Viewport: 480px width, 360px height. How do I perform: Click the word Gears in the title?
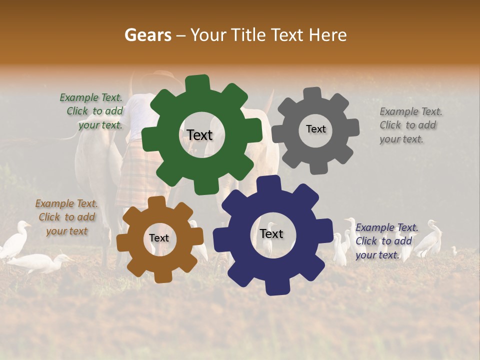click(147, 35)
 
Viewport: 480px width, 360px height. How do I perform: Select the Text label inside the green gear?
click(199, 135)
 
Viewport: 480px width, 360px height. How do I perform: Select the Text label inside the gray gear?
click(315, 129)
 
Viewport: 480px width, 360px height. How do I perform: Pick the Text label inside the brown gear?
click(159, 238)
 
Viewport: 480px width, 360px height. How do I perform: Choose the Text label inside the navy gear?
click(271, 233)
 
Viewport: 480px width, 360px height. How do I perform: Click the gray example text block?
click(409, 125)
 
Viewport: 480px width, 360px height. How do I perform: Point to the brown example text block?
click(66, 217)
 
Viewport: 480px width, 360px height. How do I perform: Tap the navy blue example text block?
click(384, 241)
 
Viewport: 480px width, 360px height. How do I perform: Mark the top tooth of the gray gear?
click(313, 93)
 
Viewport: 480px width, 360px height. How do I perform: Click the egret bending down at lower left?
click(40, 262)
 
